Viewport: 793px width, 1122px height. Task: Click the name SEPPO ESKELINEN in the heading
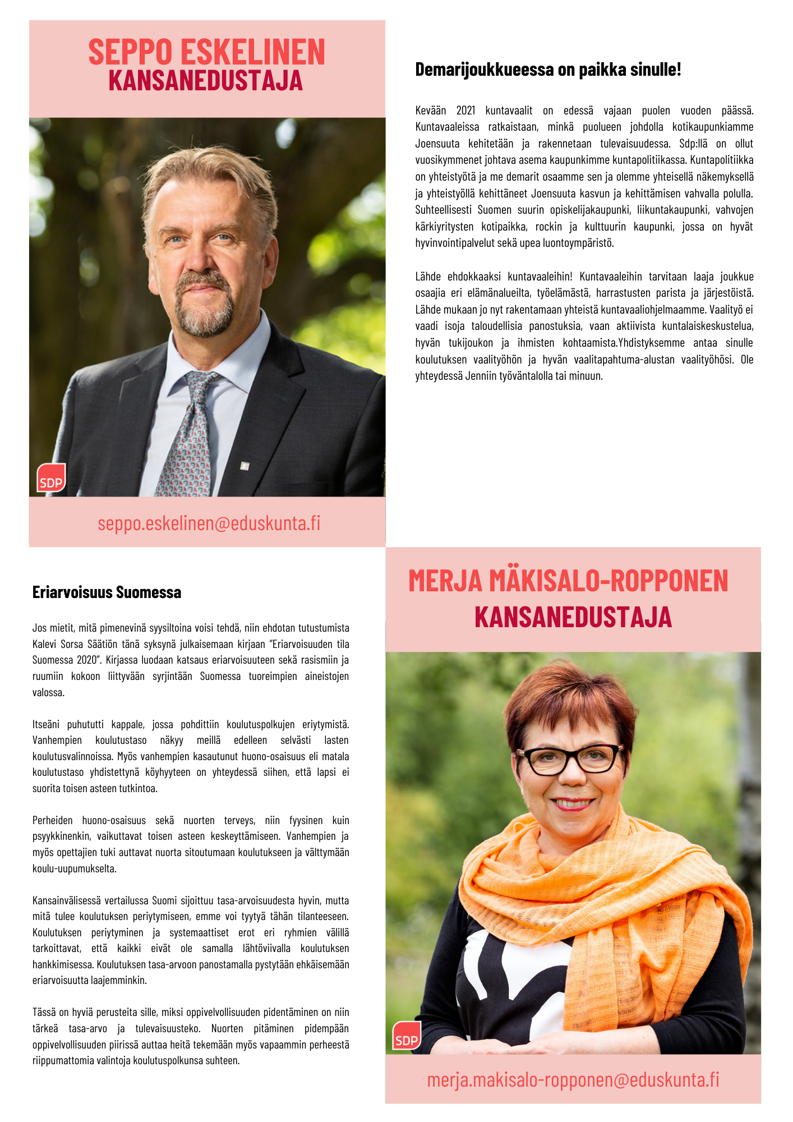pyautogui.click(x=206, y=52)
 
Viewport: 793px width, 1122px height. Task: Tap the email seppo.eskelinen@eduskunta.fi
pyautogui.click(x=209, y=523)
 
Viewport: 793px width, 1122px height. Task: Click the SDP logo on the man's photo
pyautogui.click(x=51, y=479)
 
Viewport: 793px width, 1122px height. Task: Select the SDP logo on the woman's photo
pyautogui.click(x=406, y=1036)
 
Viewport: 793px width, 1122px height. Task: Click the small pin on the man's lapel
pyautogui.click(x=245, y=466)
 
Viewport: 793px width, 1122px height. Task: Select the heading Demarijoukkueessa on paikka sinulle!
pyautogui.click(x=548, y=70)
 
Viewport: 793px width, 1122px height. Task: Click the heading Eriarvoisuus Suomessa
pyautogui.click(x=107, y=592)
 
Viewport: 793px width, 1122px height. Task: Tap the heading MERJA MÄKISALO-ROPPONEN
pyautogui.click(x=568, y=581)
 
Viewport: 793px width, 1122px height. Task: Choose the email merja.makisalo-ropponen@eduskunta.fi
pyautogui.click(x=573, y=1079)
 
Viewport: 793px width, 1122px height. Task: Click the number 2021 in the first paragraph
pyautogui.click(x=465, y=111)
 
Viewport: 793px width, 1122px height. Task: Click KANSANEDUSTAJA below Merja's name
pyautogui.click(x=573, y=617)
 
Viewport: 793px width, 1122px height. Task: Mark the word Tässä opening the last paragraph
pyautogui.click(x=43, y=1012)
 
